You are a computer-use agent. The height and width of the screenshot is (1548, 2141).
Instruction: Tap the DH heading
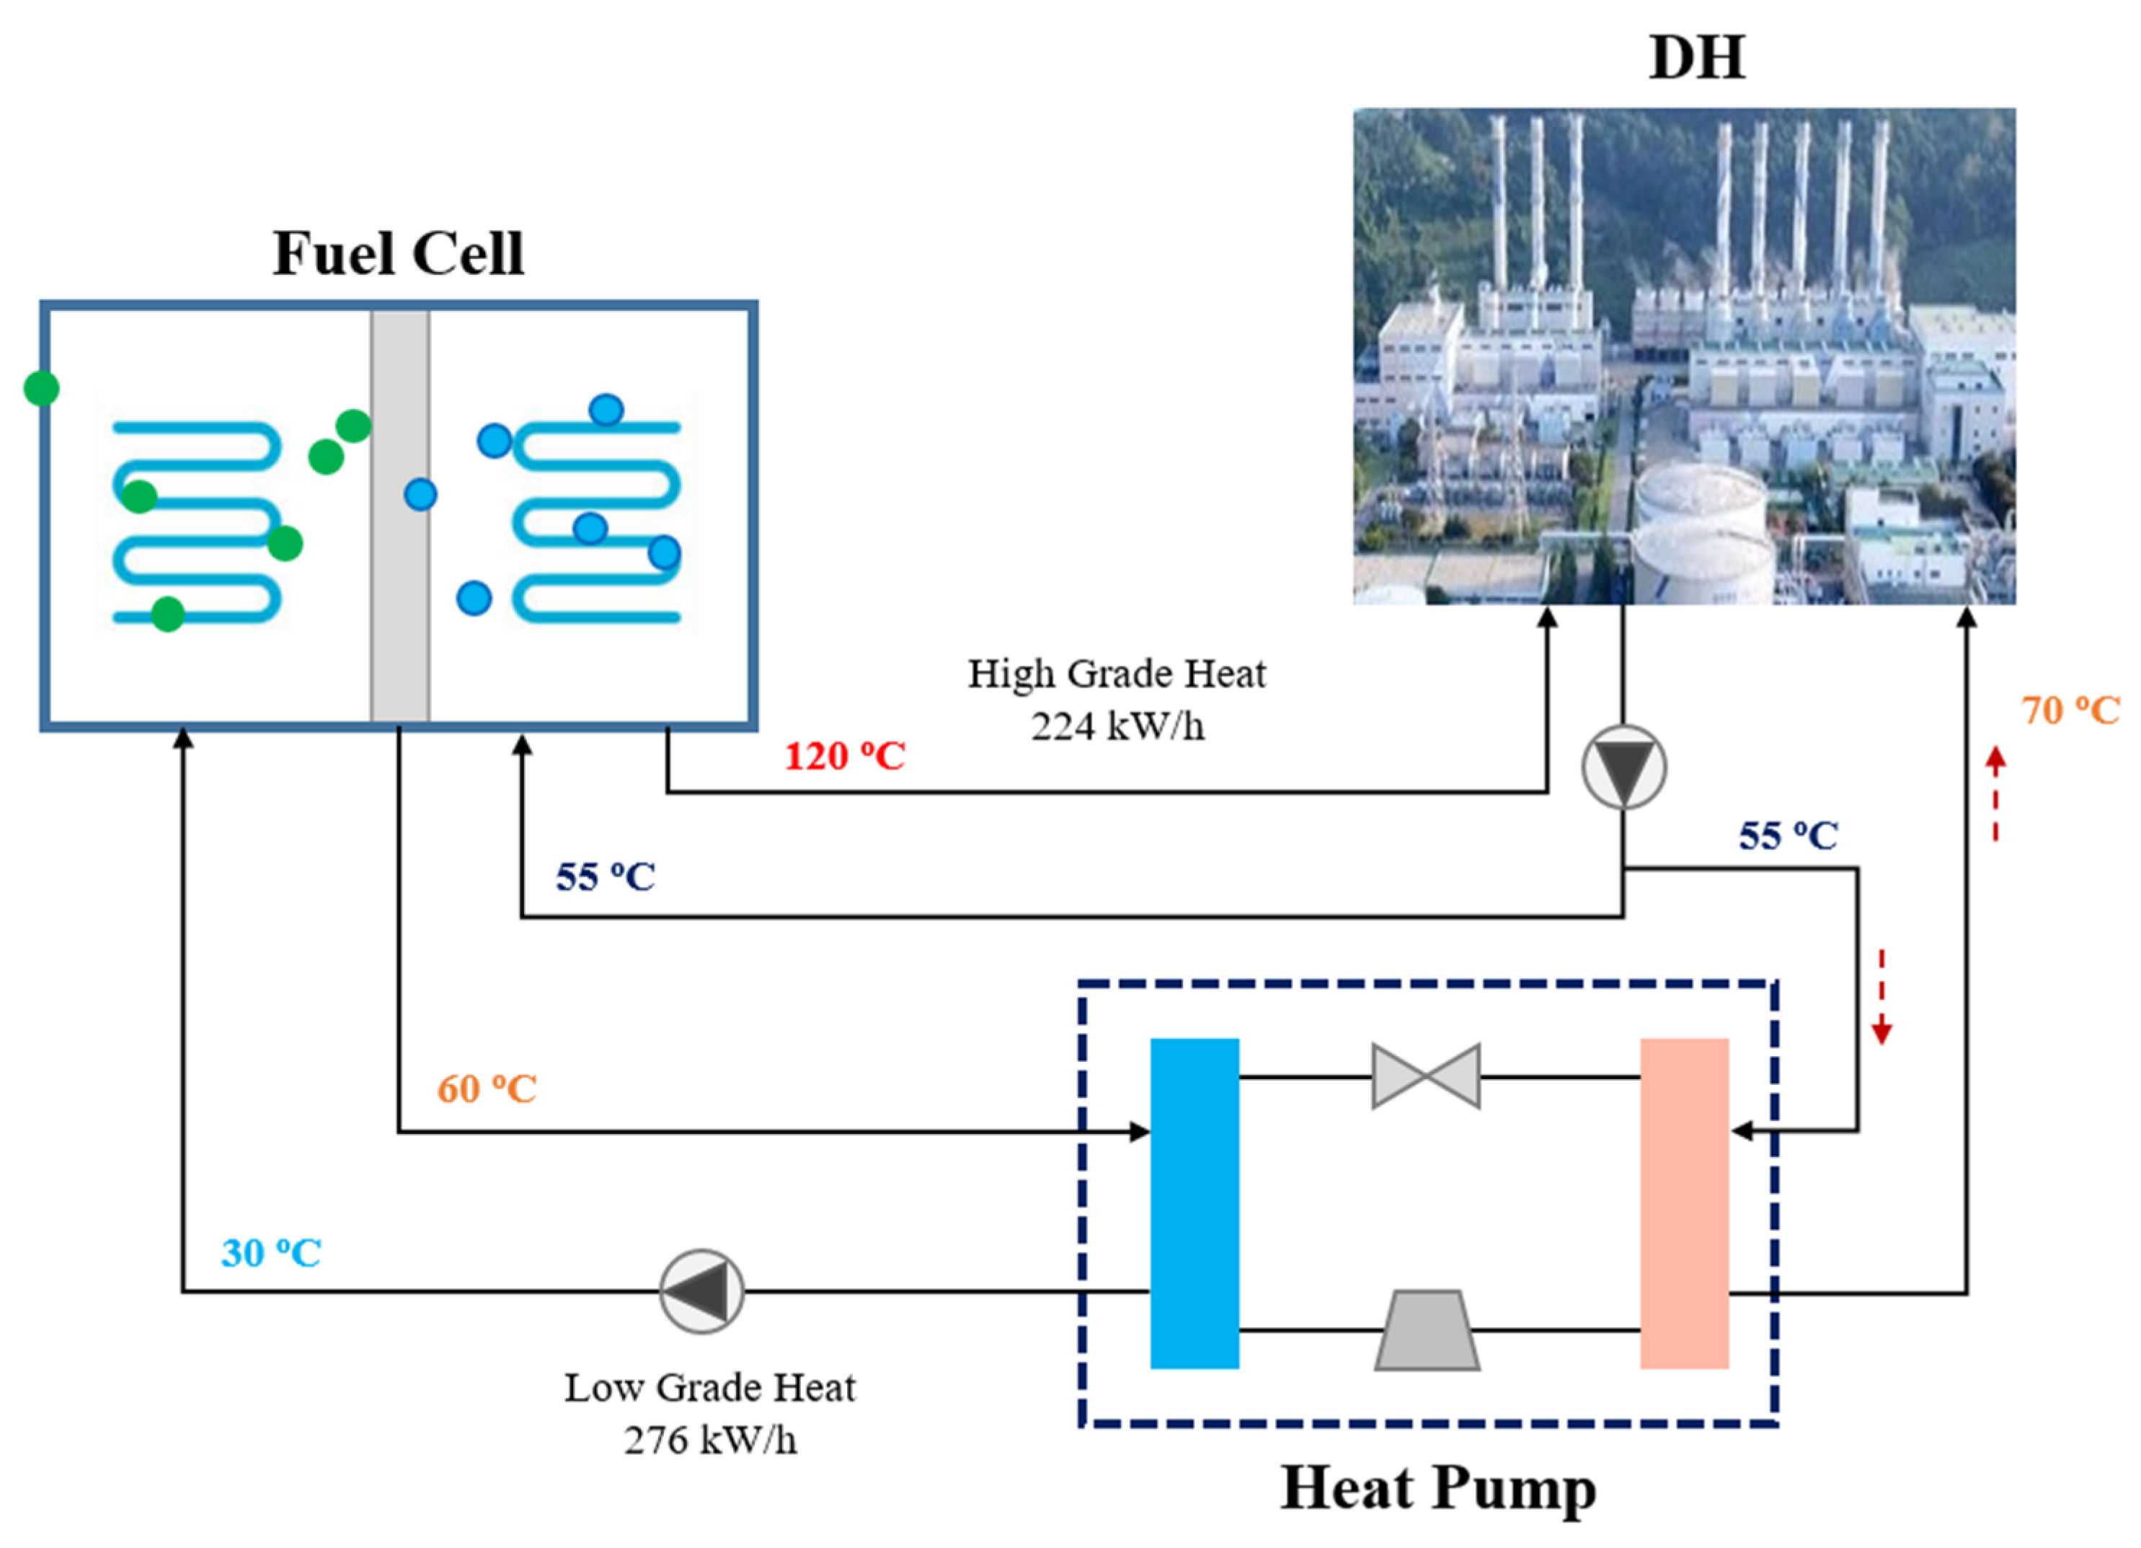click(1696, 58)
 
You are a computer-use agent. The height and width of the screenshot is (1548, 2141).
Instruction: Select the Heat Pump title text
click(1437, 1489)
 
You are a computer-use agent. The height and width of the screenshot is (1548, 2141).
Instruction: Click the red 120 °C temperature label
click(845, 757)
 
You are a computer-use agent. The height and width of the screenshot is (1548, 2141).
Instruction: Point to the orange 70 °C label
click(2070, 711)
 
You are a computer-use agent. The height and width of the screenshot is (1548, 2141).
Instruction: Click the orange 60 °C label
click(486, 1089)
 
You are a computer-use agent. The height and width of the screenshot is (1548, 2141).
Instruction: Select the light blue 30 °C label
click(271, 1253)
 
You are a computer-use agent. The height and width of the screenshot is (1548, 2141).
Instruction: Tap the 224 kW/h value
click(1117, 727)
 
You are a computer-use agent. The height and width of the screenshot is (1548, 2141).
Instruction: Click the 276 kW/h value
click(710, 1441)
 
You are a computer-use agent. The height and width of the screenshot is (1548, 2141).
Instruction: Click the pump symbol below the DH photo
click(1623, 767)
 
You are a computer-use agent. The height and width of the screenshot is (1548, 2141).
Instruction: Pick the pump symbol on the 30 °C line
click(701, 1291)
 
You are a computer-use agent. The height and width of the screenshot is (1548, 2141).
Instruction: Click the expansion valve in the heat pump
click(1425, 1076)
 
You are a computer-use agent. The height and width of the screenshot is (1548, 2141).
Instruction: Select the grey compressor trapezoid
click(1427, 1330)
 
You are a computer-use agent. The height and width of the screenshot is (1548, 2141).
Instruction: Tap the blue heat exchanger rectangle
click(1194, 1203)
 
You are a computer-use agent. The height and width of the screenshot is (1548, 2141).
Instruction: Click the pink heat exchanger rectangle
click(1684, 1203)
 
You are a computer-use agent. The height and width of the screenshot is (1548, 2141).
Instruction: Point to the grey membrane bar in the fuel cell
click(399, 586)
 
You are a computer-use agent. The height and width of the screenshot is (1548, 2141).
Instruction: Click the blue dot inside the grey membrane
click(420, 494)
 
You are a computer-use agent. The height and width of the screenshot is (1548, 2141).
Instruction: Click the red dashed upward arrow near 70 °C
click(1995, 793)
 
